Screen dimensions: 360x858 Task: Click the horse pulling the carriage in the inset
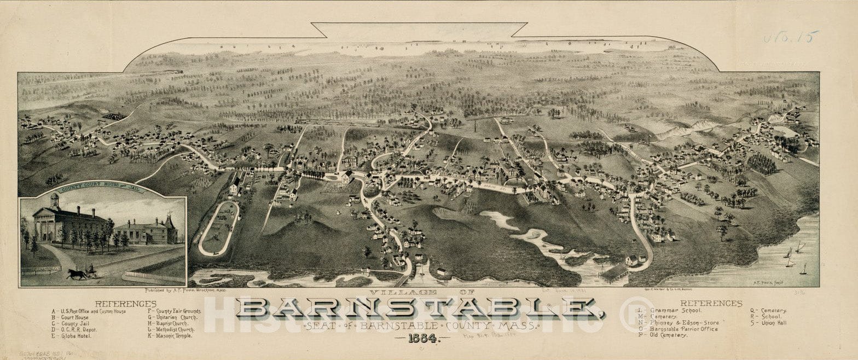tap(77, 274)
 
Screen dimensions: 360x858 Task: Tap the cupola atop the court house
tap(54, 200)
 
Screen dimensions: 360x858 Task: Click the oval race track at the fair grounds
tap(219, 228)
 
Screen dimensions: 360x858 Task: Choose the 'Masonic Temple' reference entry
tap(171, 336)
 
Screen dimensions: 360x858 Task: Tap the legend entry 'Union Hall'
tap(768, 323)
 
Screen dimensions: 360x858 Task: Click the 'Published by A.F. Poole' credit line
tap(178, 291)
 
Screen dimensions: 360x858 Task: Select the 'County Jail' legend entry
tap(69, 323)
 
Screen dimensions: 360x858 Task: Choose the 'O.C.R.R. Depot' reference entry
tap(74, 329)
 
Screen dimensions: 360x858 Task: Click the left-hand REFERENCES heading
tap(125, 304)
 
